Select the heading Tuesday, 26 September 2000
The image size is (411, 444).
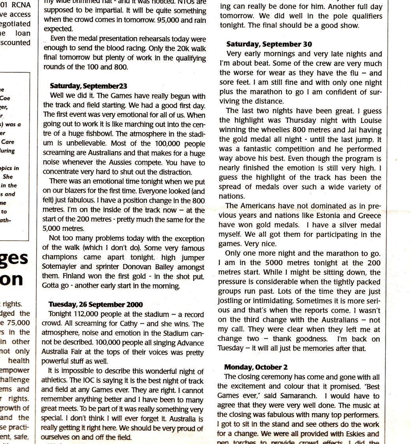coord(96,304)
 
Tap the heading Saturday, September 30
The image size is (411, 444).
coord(269,44)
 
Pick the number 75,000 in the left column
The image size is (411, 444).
coord(20,323)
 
